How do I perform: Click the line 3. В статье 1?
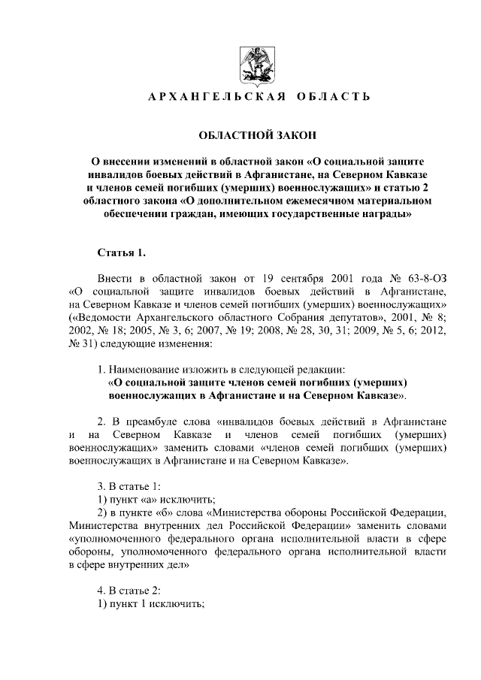[x=129, y=486]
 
